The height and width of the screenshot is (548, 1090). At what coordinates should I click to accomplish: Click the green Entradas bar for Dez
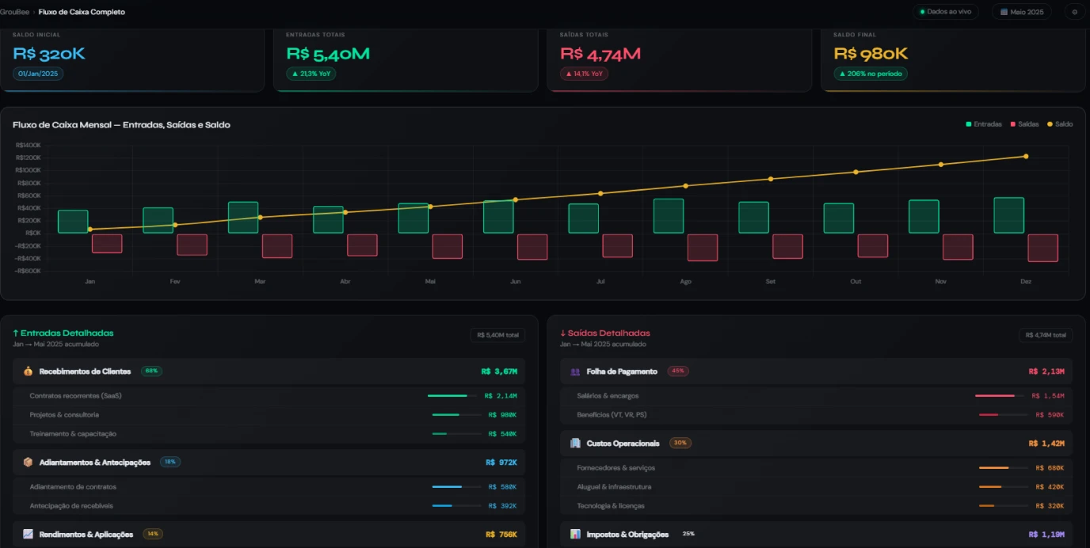1008,215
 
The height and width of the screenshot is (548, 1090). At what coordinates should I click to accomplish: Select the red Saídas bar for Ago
702,248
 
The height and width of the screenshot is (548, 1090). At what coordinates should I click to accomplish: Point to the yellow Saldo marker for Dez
1026,157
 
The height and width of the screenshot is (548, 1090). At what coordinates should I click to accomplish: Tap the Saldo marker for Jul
600,193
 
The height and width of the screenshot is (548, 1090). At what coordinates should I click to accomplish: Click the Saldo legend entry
1060,124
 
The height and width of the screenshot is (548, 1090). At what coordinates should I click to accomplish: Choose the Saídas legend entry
1024,124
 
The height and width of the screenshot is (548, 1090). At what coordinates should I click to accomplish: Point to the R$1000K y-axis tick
29,170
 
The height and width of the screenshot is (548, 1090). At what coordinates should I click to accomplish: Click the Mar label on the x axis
260,282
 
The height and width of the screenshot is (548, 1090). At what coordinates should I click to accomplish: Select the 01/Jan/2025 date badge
38,74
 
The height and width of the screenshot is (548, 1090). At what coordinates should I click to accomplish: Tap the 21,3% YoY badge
311,74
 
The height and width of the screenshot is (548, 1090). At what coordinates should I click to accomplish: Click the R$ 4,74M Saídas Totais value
600,54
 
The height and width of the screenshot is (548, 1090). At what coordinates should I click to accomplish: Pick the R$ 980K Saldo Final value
871,54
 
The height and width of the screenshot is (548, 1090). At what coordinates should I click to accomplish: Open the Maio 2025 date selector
1021,12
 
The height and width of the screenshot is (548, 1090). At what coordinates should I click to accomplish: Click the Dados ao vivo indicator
946,12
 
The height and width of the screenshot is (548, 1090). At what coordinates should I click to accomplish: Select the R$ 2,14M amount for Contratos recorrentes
501,396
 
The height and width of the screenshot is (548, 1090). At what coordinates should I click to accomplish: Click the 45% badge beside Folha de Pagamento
678,371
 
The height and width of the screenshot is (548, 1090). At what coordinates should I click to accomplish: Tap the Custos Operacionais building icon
575,443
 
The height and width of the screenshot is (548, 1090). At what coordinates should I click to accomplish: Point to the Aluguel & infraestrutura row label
614,487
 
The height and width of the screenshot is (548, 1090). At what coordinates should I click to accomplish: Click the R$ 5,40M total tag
497,335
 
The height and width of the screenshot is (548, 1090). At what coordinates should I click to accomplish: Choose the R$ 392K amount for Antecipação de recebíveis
503,506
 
